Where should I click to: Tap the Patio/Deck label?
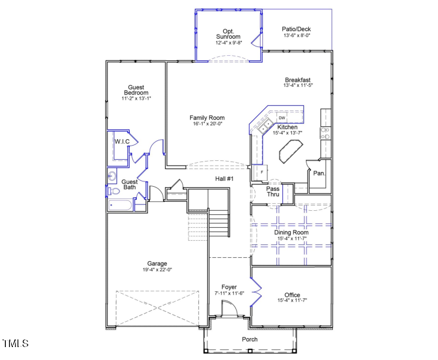pyautogui.click(x=297, y=29)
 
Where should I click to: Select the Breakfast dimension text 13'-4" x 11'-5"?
pyautogui.click(x=298, y=86)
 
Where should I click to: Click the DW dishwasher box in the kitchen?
pyautogui.click(x=282, y=117)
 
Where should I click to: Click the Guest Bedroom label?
pyautogui.click(x=136, y=90)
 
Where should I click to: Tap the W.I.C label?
pyautogui.click(x=122, y=142)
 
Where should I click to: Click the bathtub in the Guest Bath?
pyautogui.click(x=120, y=206)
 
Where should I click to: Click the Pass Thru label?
pyautogui.click(x=273, y=191)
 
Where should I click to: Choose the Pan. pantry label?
pyautogui.click(x=319, y=173)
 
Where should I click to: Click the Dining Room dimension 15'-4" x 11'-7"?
pyautogui.click(x=292, y=239)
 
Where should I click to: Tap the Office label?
pyautogui.click(x=292, y=295)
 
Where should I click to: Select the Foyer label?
pyautogui.click(x=229, y=287)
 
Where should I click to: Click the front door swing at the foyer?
pyautogui.click(x=228, y=309)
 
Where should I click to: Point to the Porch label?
pyautogui.click(x=250, y=339)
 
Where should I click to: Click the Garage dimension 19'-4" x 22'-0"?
pyautogui.click(x=157, y=270)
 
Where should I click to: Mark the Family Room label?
pyautogui.click(x=207, y=118)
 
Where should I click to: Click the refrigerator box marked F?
pyautogui.click(x=261, y=172)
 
